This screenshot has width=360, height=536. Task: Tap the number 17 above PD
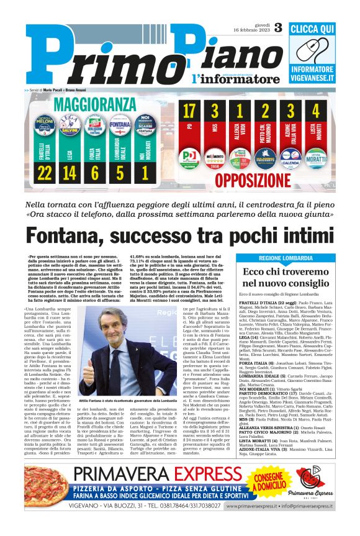189,112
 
